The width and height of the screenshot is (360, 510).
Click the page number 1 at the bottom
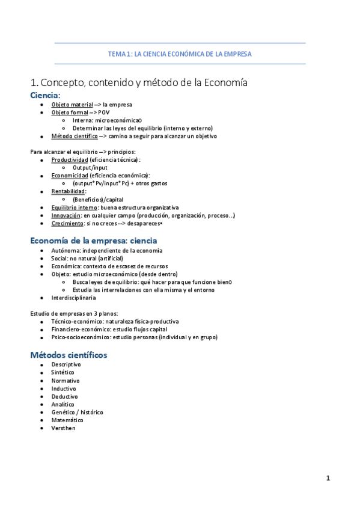click(328, 478)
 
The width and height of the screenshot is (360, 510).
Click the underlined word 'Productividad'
click(69, 159)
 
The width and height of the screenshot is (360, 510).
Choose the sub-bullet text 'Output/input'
click(91, 167)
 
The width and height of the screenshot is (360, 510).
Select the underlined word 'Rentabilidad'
click(68, 191)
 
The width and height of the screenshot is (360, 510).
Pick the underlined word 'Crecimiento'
click(67, 223)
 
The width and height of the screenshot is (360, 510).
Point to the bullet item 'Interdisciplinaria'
click(73, 298)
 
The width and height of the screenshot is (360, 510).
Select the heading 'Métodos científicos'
click(69, 355)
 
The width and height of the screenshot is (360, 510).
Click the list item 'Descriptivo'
click(66, 365)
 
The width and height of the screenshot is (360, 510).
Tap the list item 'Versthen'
click(64, 428)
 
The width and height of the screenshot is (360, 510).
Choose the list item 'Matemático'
click(67, 420)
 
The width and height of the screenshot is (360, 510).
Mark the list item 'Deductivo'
click(64, 397)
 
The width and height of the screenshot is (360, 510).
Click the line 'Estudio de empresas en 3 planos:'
click(74, 313)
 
